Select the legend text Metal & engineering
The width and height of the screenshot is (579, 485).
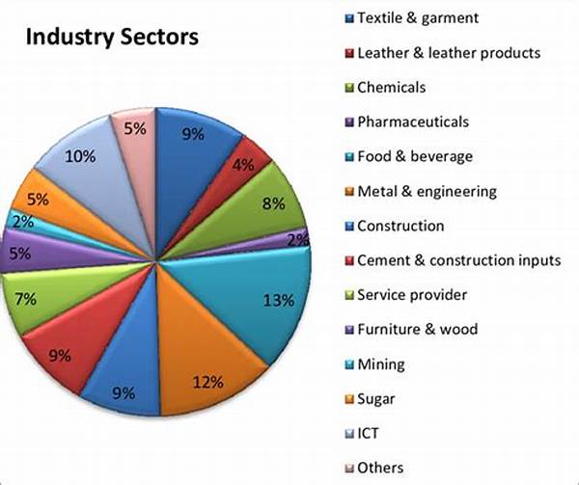click(426, 191)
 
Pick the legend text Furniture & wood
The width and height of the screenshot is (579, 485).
click(417, 329)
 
